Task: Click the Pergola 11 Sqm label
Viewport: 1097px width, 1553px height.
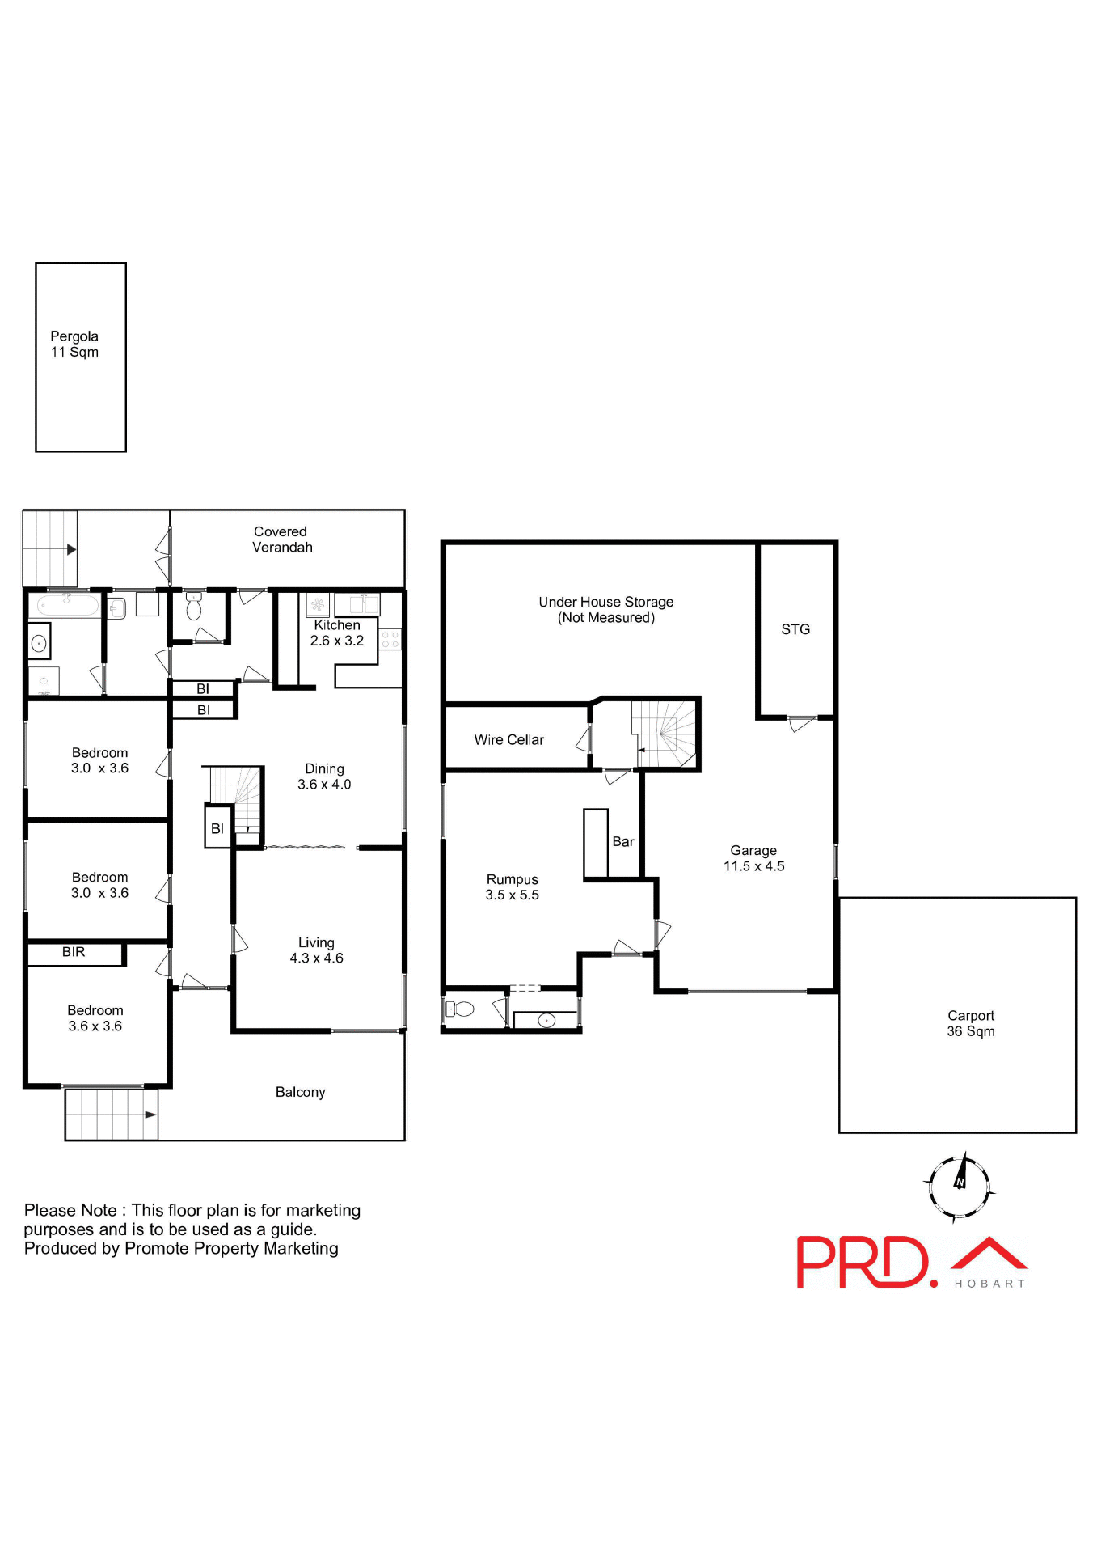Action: (74, 344)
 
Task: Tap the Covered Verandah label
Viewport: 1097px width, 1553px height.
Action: (281, 540)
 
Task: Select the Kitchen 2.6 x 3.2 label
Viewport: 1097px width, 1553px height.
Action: (337, 633)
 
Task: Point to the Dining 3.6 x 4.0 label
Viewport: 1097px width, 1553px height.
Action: (324, 776)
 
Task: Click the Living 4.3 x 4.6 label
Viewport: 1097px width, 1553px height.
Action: (316, 950)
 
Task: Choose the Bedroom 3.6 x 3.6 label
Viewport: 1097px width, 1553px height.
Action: (95, 1018)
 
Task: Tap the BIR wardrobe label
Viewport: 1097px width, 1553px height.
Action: (74, 952)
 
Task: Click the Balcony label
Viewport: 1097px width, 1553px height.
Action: (300, 1092)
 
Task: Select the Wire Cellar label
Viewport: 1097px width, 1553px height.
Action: (508, 740)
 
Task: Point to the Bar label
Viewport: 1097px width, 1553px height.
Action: (623, 842)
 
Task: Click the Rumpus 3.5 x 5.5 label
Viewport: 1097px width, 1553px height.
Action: (512, 887)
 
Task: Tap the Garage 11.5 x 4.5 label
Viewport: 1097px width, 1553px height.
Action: (753, 858)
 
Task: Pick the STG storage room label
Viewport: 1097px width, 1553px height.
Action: (795, 629)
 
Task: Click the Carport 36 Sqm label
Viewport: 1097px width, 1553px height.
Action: (971, 1023)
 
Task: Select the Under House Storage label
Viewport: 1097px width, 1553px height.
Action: (606, 610)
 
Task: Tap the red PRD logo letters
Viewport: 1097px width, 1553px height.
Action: (862, 1262)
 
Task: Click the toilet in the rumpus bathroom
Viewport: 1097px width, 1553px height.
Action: (461, 1009)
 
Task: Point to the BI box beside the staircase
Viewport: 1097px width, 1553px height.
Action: (217, 828)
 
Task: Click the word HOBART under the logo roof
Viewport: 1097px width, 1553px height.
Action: (989, 1284)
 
